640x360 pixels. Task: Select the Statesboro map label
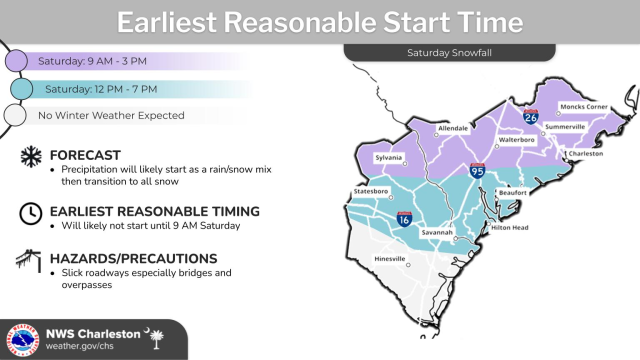[372, 190]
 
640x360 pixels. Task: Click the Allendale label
[453, 129]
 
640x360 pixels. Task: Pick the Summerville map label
[566, 128]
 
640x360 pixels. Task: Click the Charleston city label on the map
[587, 154]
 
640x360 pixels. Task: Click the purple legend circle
[16, 62]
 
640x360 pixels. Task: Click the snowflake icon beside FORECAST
[30, 156]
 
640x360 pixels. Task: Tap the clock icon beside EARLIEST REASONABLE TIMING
[30, 212]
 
